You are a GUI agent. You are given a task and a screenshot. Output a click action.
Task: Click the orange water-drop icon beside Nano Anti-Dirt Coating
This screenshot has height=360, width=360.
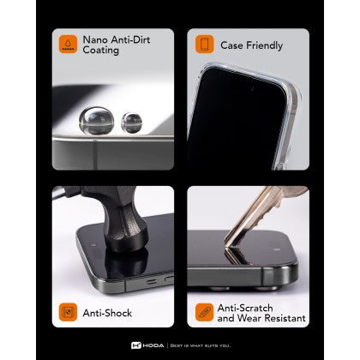click(68, 44)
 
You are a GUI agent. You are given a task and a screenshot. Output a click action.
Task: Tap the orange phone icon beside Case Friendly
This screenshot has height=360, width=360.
click(205, 44)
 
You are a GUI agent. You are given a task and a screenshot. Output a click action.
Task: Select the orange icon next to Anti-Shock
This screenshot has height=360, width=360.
click(68, 312)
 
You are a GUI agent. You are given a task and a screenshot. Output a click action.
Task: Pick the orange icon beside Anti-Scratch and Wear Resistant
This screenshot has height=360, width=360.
click(205, 312)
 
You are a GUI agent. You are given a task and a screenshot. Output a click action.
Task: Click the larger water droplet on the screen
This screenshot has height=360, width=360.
click(96, 121)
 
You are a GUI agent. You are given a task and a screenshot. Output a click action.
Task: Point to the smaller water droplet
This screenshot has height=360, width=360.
click(131, 123)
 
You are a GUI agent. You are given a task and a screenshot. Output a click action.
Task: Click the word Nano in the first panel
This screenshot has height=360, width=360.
click(95, 39)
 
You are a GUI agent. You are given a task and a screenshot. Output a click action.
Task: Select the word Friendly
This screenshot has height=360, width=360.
click(265, 45)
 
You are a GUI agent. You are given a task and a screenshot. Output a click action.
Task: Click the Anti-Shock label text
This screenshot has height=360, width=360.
click(107, 313)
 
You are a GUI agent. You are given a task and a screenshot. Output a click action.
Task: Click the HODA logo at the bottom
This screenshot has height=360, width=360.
click(147, 345)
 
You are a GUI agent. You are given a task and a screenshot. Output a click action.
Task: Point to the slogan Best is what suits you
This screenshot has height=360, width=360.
click(201, 345)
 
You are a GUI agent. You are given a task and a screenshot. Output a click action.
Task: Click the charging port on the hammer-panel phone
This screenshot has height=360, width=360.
click(151, 282)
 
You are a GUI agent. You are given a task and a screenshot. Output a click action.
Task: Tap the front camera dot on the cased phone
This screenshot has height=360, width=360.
click(252, 88)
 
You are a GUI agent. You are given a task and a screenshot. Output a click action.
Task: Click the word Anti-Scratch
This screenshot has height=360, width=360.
click(245, 308)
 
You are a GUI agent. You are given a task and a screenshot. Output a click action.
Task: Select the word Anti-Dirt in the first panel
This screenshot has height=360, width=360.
click(130, 39)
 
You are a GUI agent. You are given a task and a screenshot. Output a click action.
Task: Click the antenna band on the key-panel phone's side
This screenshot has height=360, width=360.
click(268, 277)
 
